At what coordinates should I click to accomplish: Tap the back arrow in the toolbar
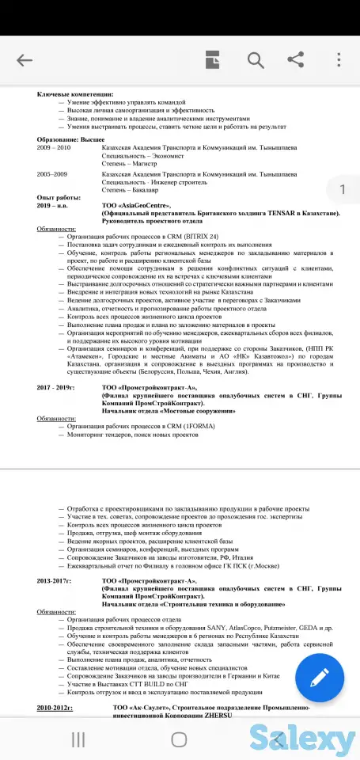point(25,60)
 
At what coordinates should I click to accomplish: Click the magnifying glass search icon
point(256,60)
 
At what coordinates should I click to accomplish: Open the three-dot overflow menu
point(339,60)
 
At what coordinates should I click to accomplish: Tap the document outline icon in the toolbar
point(212,60)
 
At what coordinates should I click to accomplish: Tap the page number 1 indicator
point(342,189)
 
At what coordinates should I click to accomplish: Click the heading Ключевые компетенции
point(70,94)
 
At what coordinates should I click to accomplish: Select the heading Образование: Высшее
point(70,139)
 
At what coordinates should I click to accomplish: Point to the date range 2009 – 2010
point(54,147)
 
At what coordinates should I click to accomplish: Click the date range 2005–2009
point(52,173)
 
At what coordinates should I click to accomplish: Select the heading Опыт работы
point(59,197)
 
